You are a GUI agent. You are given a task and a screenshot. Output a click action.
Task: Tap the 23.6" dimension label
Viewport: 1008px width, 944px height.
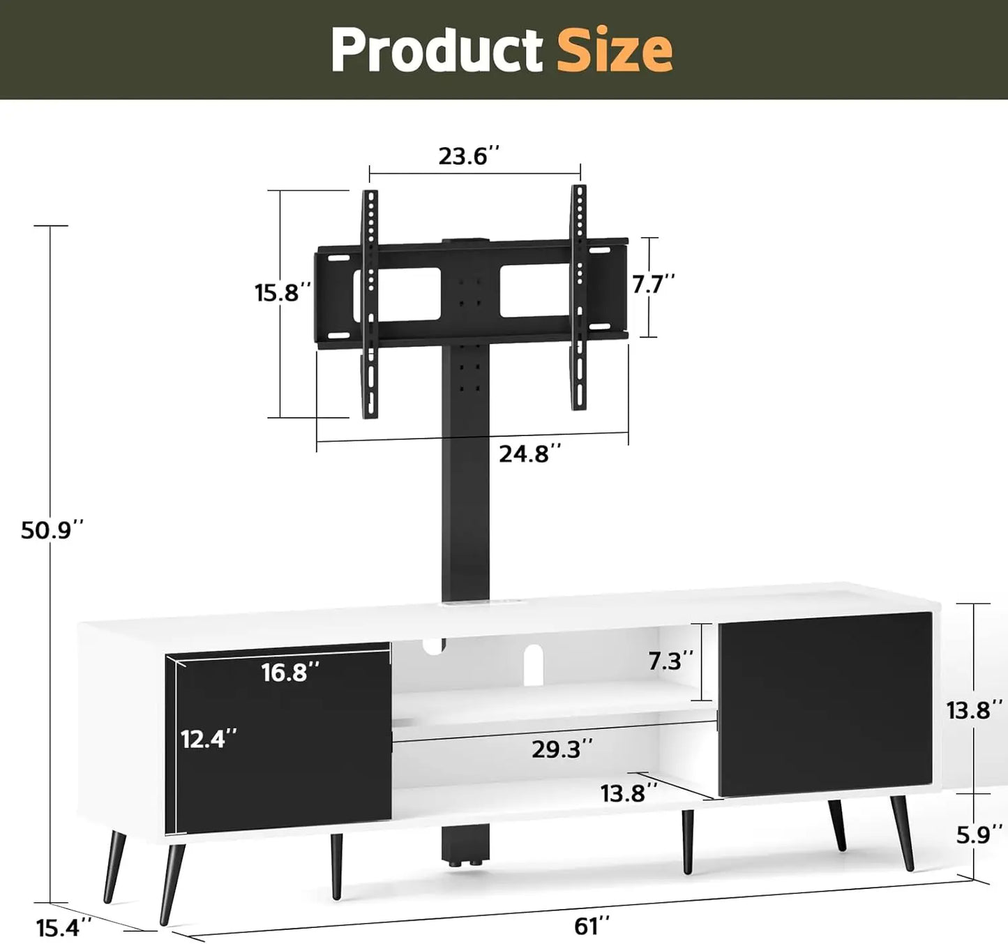469,156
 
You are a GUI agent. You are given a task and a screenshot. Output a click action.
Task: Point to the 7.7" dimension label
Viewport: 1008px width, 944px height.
654,284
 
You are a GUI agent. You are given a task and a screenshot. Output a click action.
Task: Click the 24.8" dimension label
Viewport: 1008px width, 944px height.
529,454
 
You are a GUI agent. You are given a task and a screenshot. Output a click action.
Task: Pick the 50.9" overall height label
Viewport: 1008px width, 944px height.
52,530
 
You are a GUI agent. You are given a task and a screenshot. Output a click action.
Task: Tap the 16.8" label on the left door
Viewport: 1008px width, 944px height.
290,673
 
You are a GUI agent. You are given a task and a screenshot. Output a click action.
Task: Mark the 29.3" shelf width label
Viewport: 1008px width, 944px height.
562,749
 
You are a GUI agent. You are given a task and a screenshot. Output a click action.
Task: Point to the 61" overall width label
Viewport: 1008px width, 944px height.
592,926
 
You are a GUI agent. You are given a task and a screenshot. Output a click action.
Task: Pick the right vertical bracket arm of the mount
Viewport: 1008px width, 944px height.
578,297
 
